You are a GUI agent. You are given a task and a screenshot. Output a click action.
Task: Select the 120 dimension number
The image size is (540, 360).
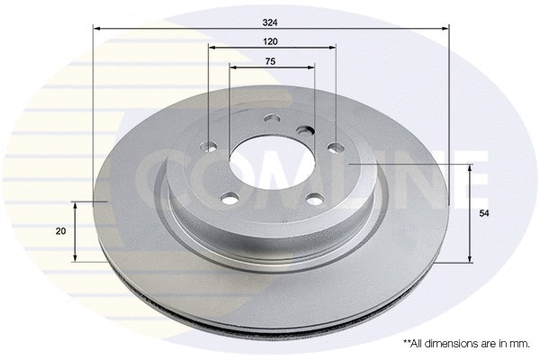270,42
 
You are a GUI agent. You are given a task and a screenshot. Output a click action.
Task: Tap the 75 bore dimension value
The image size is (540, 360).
270,60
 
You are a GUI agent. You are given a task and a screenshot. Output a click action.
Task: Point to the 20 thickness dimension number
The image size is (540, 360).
60,232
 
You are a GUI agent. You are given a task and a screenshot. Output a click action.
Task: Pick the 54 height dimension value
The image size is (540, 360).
484,213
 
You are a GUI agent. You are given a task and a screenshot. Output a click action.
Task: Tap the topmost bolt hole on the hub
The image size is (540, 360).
273,120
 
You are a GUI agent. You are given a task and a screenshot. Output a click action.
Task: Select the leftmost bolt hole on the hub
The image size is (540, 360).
211,147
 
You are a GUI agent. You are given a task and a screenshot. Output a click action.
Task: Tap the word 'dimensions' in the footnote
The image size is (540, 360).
458,344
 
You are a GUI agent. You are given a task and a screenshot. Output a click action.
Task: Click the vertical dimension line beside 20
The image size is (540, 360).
75,232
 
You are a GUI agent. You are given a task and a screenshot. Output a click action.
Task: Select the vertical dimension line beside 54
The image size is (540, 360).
469,213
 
